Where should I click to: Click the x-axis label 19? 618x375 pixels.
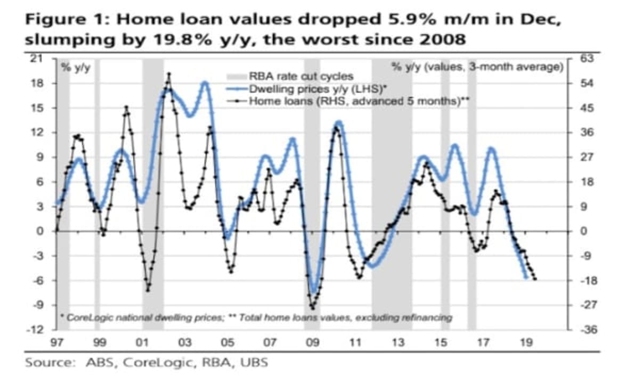point(526,341)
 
